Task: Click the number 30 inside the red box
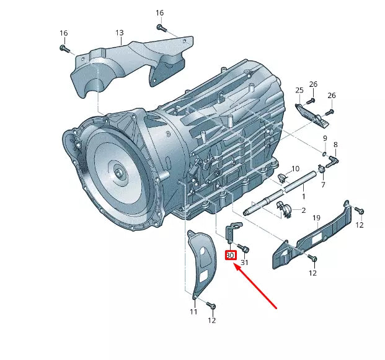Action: pos(229,255)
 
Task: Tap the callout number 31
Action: pos(244,263)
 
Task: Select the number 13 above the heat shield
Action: pos(119,33)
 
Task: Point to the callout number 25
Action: pos(299,91)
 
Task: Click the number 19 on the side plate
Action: pos(316,217)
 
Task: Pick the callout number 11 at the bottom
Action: pos(193,312)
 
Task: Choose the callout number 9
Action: pos(324,138)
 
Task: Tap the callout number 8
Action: pos(335,145)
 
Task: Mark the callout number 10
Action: pos(296,169)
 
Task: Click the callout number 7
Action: pos(322,184)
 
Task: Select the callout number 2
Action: pos(304,210)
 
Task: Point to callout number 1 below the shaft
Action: pos(303,196)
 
